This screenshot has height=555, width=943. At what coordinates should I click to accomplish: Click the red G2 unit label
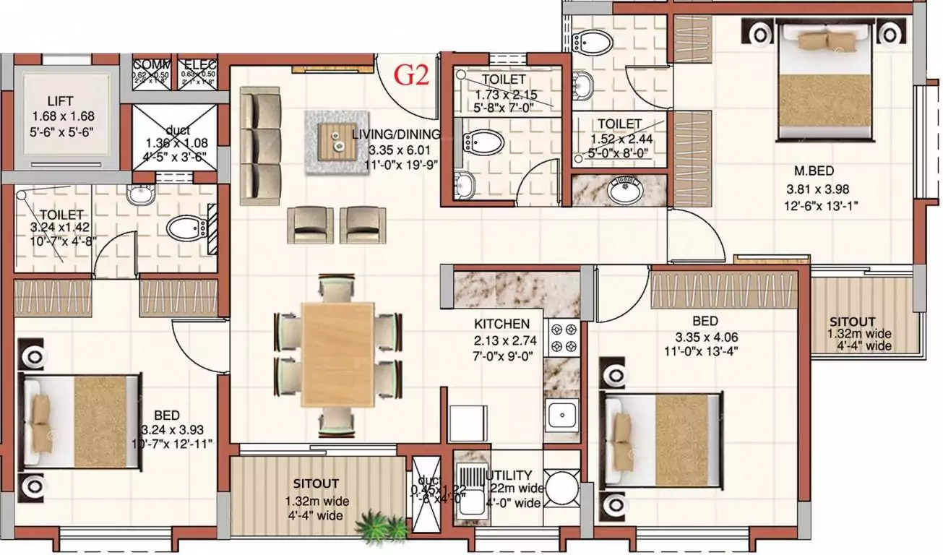point(414,75)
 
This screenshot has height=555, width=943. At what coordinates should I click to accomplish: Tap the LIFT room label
point(62,100)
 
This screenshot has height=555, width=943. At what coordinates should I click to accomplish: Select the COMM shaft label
point(151,64)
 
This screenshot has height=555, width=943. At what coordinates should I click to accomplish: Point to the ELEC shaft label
point(198,64)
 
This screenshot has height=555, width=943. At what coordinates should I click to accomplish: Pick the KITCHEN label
point(501,324)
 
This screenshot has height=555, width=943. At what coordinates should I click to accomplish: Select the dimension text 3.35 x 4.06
point(705,337)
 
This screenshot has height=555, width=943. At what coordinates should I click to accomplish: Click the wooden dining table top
point(337,353)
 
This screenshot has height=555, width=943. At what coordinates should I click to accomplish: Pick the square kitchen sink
point(561,415)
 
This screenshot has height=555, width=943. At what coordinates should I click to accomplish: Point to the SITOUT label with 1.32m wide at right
point(852,322)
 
